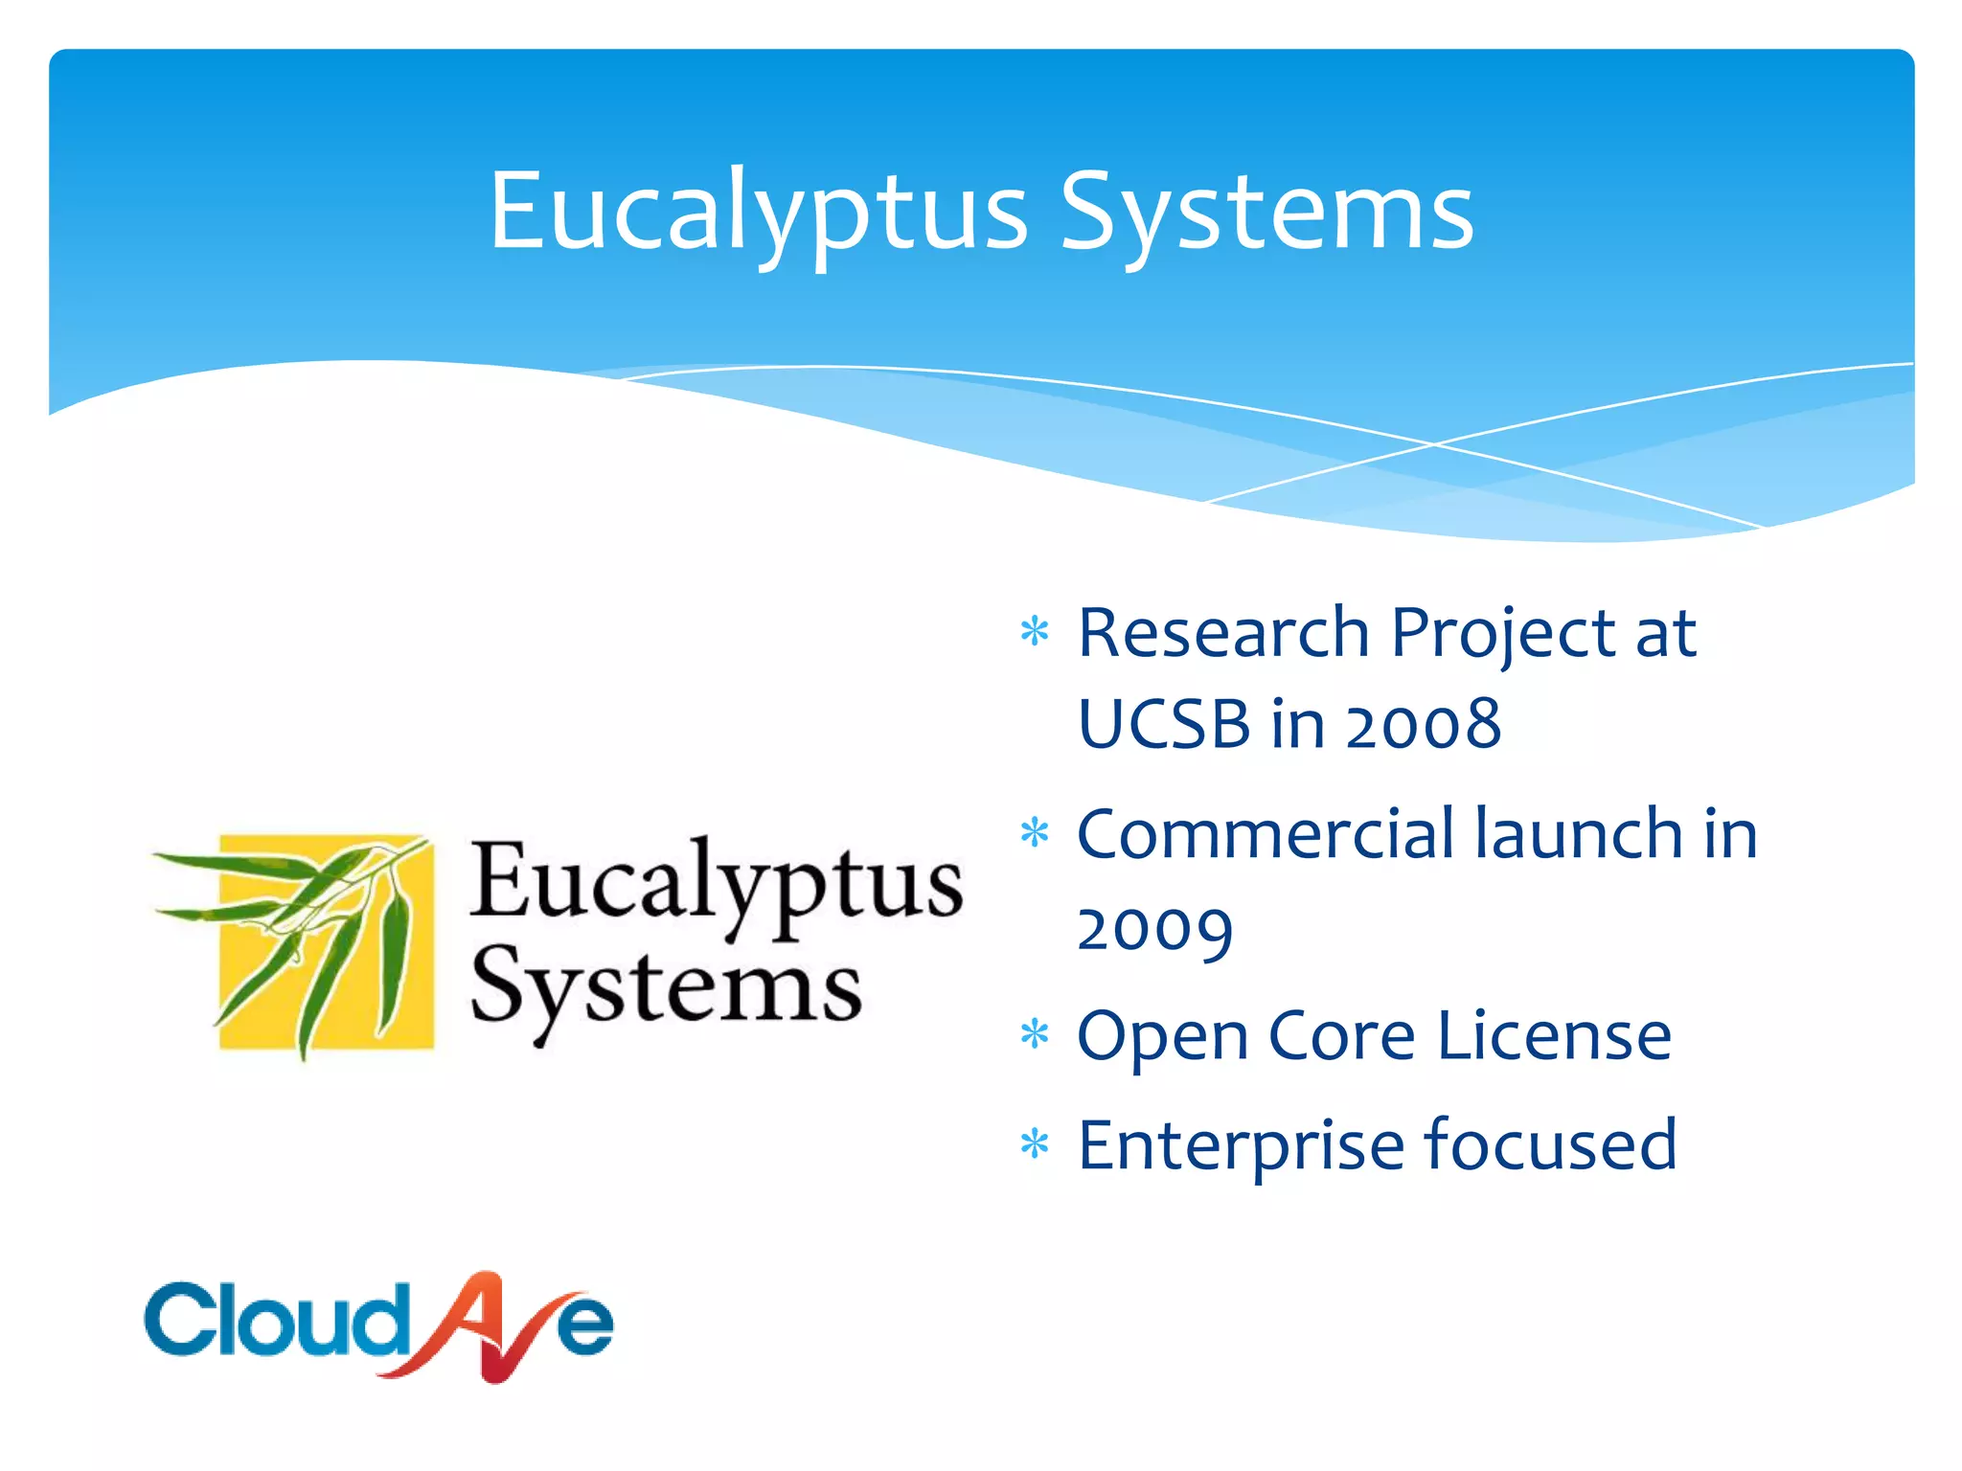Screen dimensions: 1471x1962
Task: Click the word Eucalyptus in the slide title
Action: pos(758,213)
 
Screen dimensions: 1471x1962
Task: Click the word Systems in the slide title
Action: pos(1266,213)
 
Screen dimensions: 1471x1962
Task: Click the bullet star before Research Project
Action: pos(1035,633)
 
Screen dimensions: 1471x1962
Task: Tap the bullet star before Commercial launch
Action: pos(1035,833)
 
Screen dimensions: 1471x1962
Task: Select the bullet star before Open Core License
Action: pos(1035,1035)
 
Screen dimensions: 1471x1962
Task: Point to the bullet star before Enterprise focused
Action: pos(1035,1144)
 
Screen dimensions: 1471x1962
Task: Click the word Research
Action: pos(1223,633)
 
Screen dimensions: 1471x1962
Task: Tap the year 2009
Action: pos(1154,928)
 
